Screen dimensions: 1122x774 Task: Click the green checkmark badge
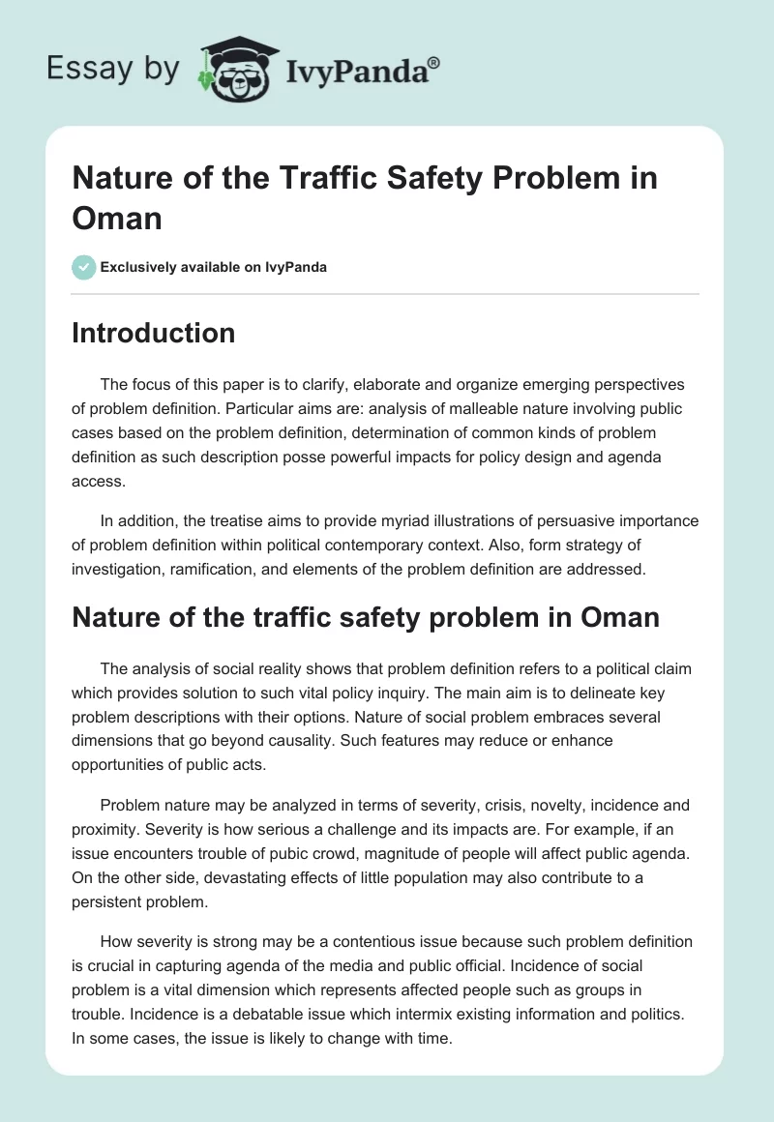tap(84, 267)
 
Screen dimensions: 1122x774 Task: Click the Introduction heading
tap(153, 333)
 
